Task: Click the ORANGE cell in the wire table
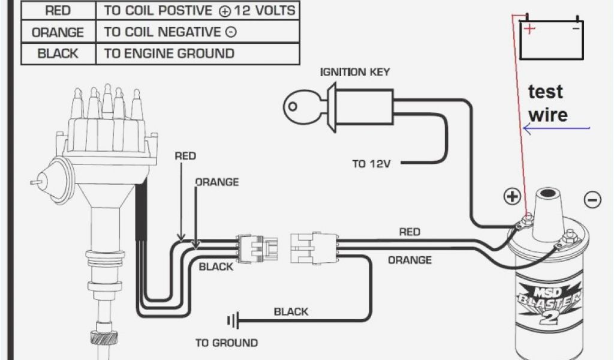tap(58, 32)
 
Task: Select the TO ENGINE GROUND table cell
tap(169, 53)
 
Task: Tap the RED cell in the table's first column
tap(58, 10)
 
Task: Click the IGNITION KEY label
tap(355, 72)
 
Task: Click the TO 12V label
tap(371, 163)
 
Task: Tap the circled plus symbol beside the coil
tap(511, 196)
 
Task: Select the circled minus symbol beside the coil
tap(592, 199)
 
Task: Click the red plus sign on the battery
tap(529, 28)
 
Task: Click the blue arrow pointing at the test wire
tap(557, 128)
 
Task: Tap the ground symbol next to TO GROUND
tap(233, 322)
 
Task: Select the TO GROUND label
tap(227, 343)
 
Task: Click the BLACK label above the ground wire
tap(291, 311)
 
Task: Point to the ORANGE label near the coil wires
tap(410, 260)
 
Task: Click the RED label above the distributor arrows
tap(185, 156)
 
